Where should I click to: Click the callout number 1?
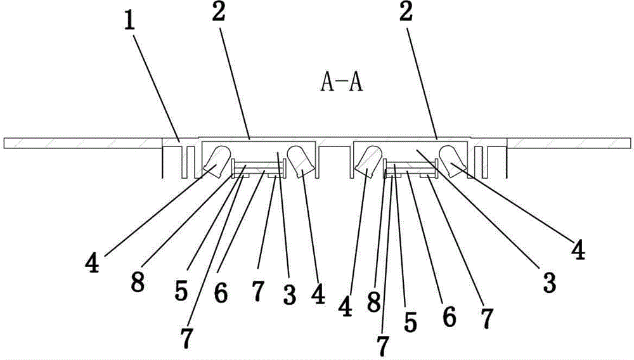129,23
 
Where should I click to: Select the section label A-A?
342,83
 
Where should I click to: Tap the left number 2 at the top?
218,13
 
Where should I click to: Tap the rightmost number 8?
373,302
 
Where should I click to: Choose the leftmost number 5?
181,290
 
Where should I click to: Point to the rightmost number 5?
410,323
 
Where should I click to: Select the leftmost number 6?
221,293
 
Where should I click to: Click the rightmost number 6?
449,316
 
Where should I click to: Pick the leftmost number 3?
290,295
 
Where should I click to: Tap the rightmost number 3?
549,282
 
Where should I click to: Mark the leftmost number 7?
186,338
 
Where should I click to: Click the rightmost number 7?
487,318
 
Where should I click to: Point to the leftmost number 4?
92,264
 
